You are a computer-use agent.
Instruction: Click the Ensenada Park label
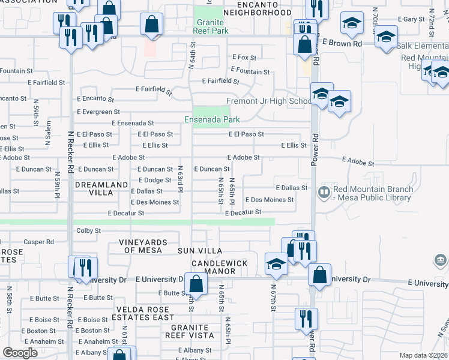click(x=208, y=119)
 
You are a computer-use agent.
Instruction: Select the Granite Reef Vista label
click(x=187, y=331)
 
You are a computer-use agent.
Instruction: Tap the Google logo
click(x=20, y=353)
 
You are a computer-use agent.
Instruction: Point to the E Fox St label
click(x=244, y=58)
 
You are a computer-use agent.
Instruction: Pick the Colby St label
click(x=88, y=230)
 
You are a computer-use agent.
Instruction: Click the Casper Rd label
click(x=39, y=242)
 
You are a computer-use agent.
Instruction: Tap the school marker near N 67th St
click(x=276, y=263)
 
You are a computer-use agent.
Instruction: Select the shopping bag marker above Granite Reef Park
click(x=152, y=25)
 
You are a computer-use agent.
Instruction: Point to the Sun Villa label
click(x=199, y=250)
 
